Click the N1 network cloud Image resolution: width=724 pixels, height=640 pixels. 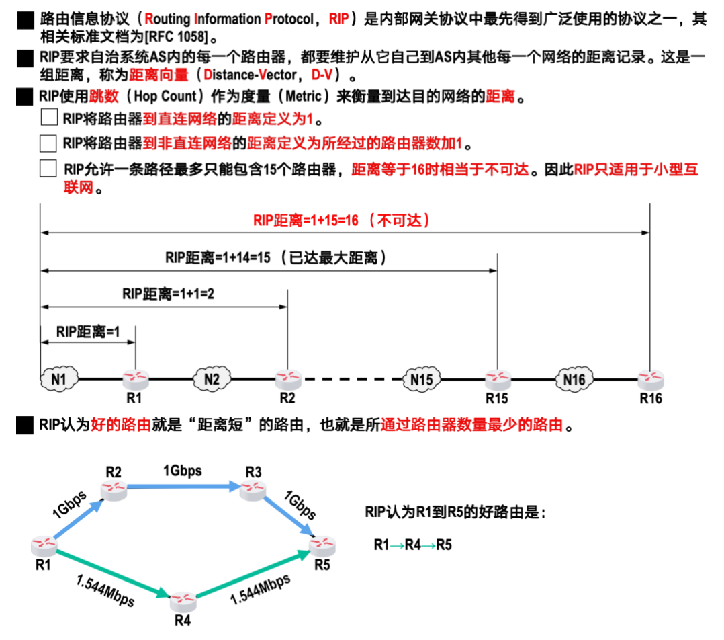(x=58, y=380)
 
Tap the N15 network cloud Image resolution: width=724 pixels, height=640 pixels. (x=422, y=380)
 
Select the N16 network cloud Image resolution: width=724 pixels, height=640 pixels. (x=574, y=380)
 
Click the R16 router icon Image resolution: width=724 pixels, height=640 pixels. (x=650, y=379)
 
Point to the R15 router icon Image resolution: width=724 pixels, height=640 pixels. (x=498, y=379)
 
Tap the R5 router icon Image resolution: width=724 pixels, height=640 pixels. (x=322, y=545)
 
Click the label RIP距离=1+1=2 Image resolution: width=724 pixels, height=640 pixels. (x=173, y=294)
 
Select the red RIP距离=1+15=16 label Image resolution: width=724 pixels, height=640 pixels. (x=342, y=220)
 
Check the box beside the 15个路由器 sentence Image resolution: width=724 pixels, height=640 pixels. (x=48, y=169)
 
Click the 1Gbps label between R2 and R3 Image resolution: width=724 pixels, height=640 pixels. (x=182, y=471)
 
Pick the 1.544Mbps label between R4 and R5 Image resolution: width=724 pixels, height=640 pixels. (x=261, y=588)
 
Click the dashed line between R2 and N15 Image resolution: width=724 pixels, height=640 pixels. (x=349, y=380)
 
